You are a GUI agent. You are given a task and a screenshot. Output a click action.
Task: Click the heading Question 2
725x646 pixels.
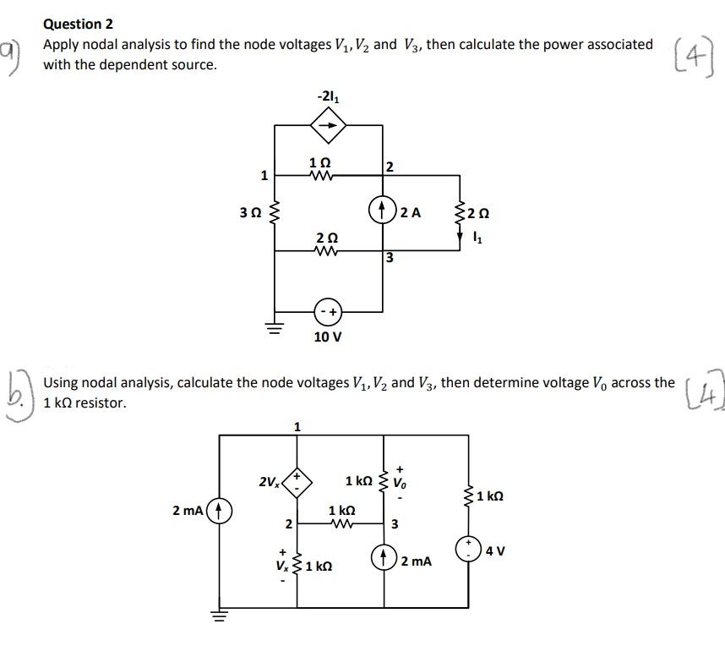click(x=78, y=24)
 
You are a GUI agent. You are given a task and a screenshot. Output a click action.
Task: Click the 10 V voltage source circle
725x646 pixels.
click(x=329, y=312)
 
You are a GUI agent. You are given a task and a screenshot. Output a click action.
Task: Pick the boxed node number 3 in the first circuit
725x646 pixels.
click(x=390, y=257)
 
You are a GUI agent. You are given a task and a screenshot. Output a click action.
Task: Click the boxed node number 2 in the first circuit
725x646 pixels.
click(x=390, y=167)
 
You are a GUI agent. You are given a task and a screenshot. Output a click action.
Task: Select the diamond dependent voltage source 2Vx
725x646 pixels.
click(x=297, y=484)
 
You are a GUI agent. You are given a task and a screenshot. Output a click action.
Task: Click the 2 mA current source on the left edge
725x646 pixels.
click(x=220, y=511)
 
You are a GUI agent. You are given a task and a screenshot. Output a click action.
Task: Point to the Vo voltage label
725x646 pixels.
click(x=401, y=485)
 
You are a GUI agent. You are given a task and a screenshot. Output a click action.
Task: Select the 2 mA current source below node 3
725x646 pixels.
click(x=385, y=559)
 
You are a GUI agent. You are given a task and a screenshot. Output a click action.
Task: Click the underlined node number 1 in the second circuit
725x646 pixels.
click(x=296, y=426)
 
